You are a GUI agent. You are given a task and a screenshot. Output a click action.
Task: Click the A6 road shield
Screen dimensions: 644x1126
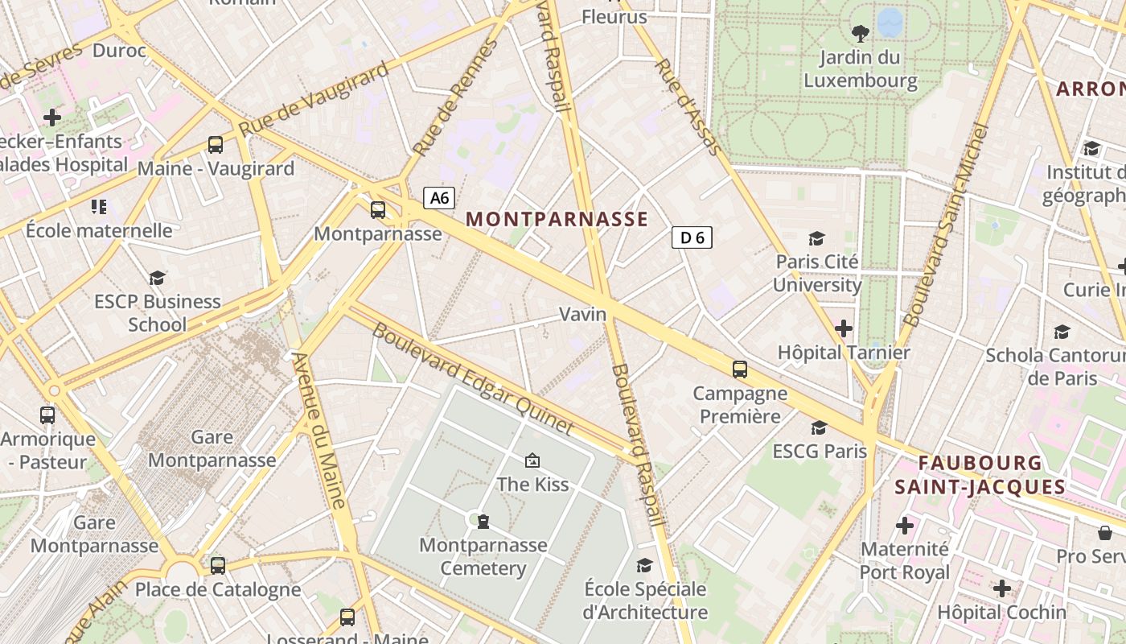coord(439,198)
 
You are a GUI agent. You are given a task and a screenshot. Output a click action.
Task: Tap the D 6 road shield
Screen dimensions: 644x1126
coord(692,237)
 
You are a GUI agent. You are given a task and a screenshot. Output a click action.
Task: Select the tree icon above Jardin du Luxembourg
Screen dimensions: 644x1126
coord(860,33)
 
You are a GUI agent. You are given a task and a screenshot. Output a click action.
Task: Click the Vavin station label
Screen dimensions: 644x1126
coord(582,314)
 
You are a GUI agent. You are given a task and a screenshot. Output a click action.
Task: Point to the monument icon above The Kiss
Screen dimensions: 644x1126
coord(532,460)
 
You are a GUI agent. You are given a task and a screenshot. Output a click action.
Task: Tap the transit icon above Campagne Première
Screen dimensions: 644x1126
coord(739,369)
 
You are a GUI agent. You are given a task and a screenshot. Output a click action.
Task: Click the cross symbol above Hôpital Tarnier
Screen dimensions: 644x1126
coord(843,328)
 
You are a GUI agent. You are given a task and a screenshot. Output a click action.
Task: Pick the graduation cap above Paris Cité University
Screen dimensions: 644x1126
coord(816,238)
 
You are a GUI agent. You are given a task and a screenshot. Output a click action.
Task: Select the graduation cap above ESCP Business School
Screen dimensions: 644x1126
coord(157,278)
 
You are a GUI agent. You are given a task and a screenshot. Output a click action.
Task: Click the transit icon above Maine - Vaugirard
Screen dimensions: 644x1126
coord(216,145)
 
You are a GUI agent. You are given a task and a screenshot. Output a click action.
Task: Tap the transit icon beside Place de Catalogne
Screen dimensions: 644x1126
coord(218,565)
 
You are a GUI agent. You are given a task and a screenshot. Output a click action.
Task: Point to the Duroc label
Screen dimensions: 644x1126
coord(119,51)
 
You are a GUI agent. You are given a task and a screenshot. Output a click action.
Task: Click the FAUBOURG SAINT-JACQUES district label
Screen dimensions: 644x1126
coord(980,475)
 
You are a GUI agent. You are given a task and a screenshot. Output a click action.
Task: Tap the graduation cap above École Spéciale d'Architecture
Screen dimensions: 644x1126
coord(644,565)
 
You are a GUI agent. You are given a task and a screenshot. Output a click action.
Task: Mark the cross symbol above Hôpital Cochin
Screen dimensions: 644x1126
coord(1001,588)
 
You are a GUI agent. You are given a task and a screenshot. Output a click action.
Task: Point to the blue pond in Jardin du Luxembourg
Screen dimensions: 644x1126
coord(890,22)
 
